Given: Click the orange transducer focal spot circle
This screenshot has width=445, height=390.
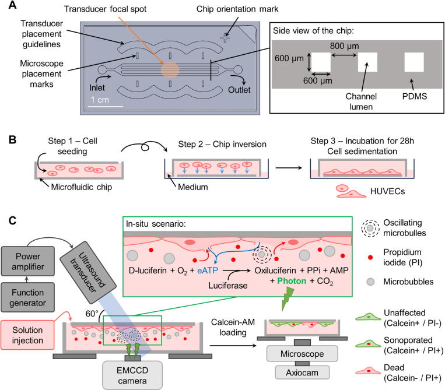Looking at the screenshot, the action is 170,70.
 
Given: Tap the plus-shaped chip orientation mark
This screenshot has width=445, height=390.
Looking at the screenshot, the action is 225,38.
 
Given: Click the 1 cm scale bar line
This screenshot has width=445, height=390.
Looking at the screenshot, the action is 106,106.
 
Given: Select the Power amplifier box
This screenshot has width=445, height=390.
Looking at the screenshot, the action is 28,261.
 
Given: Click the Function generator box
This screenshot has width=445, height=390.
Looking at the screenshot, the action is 28,297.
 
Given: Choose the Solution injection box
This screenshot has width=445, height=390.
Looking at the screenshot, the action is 27,335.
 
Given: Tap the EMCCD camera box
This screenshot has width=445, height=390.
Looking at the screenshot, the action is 132,375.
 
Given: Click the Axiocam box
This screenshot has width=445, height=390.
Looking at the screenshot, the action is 302,373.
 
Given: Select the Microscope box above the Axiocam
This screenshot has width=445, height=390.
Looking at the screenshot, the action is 302,353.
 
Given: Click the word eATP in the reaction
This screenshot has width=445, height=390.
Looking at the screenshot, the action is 208,270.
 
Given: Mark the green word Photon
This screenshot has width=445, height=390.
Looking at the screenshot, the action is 292,281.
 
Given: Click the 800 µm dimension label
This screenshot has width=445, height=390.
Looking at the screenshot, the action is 344,46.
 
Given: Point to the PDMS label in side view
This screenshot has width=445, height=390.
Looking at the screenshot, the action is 414,96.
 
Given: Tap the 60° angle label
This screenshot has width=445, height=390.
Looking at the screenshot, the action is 92,314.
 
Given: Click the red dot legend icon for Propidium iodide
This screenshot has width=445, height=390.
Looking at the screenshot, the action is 370,257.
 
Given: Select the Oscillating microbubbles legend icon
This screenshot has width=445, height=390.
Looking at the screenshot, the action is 370,228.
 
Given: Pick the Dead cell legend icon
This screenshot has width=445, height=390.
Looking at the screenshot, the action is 368,371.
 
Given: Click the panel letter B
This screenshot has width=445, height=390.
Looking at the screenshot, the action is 12,140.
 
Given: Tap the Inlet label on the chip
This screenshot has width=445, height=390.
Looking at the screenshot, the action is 97,88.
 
